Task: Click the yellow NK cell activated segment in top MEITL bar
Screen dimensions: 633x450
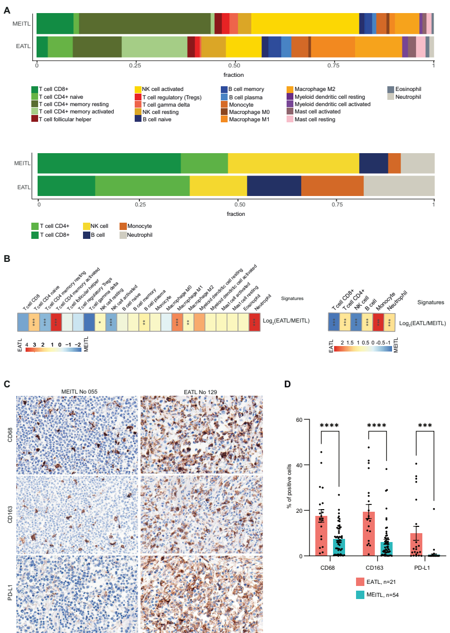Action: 305,24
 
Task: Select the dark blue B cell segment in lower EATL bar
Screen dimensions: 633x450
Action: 274,187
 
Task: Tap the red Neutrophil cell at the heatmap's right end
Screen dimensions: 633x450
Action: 254,321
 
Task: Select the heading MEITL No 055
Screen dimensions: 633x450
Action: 78,391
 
